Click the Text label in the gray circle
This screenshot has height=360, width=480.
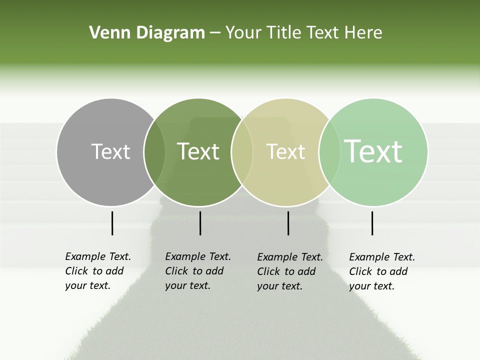tap(110, 151)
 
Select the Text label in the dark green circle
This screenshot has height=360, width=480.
tap(198, 151)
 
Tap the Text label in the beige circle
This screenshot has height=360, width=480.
tap(285, 151)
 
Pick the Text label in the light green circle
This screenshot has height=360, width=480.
tap(373, 151)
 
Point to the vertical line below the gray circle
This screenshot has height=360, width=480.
tap(112, 223)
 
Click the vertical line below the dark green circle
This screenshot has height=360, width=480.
tap(200, 223)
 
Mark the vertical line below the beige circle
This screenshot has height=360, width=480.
tap(288, 223)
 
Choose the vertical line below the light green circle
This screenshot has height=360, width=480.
tap(372, 223)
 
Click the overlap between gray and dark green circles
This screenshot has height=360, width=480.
tap(154, 152)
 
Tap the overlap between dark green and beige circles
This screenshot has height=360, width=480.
tap(242, 152)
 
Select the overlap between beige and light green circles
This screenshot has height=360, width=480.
tap(329, 152)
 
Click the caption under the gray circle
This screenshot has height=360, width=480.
tap(98, 271)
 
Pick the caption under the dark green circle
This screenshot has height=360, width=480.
tap(198, 271)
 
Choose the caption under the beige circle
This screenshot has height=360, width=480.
tap(290, 271)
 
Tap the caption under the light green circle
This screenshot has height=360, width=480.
tap(382, 271)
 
